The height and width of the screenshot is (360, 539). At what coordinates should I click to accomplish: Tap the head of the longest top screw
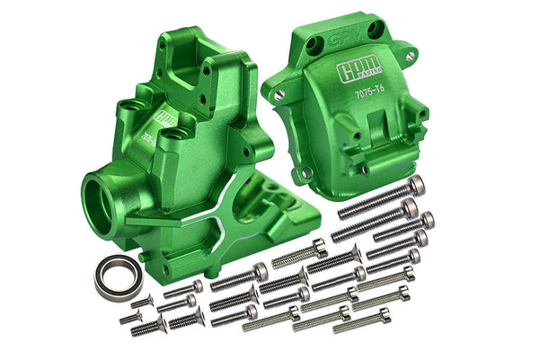415,184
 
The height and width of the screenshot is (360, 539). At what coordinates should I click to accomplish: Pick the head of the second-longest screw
409,208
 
